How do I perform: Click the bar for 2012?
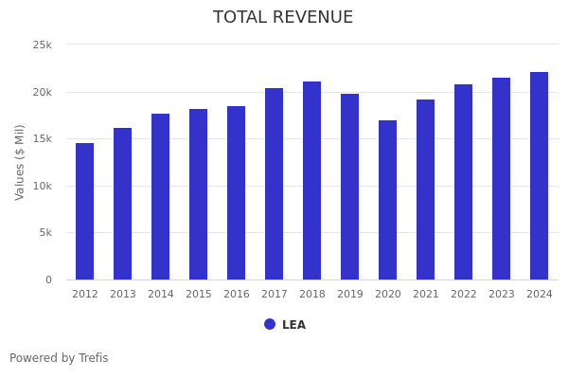tap(85, 211)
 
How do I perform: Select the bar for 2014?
tap(161, 197)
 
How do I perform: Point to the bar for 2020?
tap(388, 200)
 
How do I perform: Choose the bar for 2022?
tap(464, 182)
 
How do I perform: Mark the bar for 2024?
tap(540, 175)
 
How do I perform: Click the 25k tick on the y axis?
tap(43, 45)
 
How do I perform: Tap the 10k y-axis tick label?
tap(43, 186)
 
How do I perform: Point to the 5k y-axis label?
tap(45, 233)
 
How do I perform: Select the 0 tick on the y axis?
tap(48, 280)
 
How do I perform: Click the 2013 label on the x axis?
tap(123, 295)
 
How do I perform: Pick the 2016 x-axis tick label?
tap(237, 295)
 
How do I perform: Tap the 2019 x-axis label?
tap(350, 295)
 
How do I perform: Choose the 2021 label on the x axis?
tap(426, 295)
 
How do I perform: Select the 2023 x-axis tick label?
tap(502, 295)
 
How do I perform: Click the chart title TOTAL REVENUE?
tap(283, 18)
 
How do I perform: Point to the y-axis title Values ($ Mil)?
tap(20, 162)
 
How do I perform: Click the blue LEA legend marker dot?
tap(270, 324)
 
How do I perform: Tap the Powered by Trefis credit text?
tap(59, 358)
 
